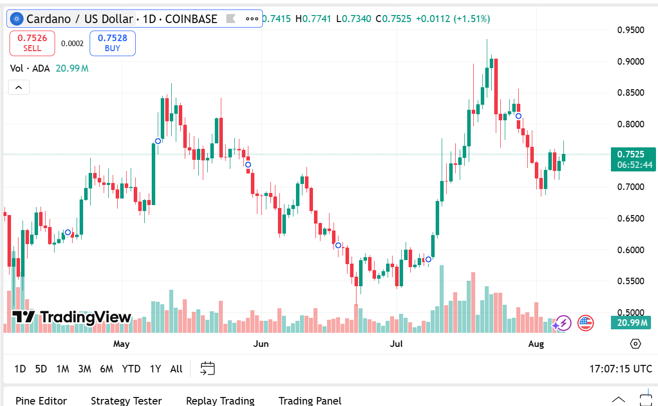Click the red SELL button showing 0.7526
pos(32,43)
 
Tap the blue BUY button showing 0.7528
pos(112,43)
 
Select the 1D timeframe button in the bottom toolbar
pos(20,369)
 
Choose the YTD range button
pos(131,369)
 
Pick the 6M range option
pos(106,369)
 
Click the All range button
pos(176,369)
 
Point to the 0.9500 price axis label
pos(630,30)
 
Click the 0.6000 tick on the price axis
pos(630,250)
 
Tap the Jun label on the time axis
pos(261,344)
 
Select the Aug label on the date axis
pos(536,344)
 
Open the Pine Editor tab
pos(41,400)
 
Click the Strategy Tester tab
pos(126,400)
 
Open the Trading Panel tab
pos(310,400)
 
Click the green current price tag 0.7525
pos(633,154)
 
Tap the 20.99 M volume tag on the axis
pos(633,322)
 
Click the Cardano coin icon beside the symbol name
pos(17,19)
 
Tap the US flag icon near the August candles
pos(585,323)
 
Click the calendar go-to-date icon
pos(207,369)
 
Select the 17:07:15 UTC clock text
pos(620,369)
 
